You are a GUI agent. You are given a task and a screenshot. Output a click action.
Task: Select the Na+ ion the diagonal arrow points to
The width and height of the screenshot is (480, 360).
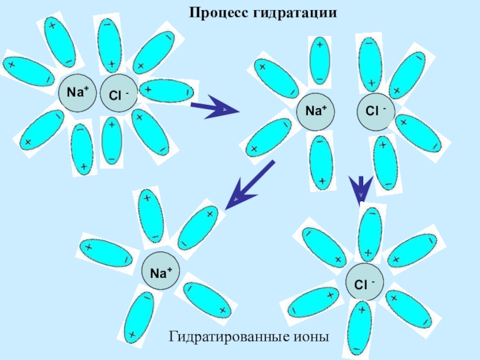pyautogui.click(x=160, y=274)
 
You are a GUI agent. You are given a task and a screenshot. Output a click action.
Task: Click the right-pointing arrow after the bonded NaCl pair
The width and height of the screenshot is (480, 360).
pyautogui.click(x=214, y=109)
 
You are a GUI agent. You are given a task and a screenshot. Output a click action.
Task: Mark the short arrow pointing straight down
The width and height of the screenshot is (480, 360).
pyautogui.click(x=361, y=188)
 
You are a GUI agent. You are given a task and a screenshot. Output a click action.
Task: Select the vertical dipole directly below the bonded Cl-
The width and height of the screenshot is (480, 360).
pyautogui.click(x=112, y=142)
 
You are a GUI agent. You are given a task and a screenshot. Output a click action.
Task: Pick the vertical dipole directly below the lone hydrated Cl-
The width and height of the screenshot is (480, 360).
pyautogui.click(x=361, y=327)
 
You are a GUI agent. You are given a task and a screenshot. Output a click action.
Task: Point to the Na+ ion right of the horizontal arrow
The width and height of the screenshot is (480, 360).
pyautogui.click(x=316, y=112)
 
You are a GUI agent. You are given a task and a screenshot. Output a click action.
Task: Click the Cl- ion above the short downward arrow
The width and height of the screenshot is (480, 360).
pyautogui.click(x=376, y=112)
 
